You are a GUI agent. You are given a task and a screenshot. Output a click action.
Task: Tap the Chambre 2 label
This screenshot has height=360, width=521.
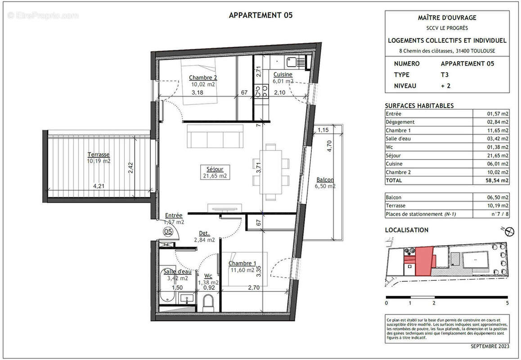[x=202, y=77]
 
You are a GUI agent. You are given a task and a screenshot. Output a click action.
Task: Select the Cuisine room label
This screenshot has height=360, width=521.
[x=283, y=75]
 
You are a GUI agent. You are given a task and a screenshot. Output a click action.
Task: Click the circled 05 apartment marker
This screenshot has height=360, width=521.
[x=168, y=232]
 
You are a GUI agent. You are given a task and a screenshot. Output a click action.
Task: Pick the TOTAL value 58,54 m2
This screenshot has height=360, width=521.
[x=495, y=180]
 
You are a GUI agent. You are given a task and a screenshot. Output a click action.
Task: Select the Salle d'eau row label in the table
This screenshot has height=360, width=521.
[x=398, y=139]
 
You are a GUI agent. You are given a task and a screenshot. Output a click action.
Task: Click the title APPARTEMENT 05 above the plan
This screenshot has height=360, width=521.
[x=260, y=15]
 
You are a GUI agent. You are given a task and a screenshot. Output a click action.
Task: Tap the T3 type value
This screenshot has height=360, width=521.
[x=445, y=75]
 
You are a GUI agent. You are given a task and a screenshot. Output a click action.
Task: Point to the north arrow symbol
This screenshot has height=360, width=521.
[x=509, y=231]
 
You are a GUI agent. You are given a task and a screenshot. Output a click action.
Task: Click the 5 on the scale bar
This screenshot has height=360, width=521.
[x=508, y=303]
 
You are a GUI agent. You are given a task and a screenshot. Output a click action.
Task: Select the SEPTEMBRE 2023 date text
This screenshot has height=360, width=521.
[x=490, y=346]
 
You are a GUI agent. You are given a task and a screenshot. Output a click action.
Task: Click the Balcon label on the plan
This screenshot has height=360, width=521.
[x=325, y=180]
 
